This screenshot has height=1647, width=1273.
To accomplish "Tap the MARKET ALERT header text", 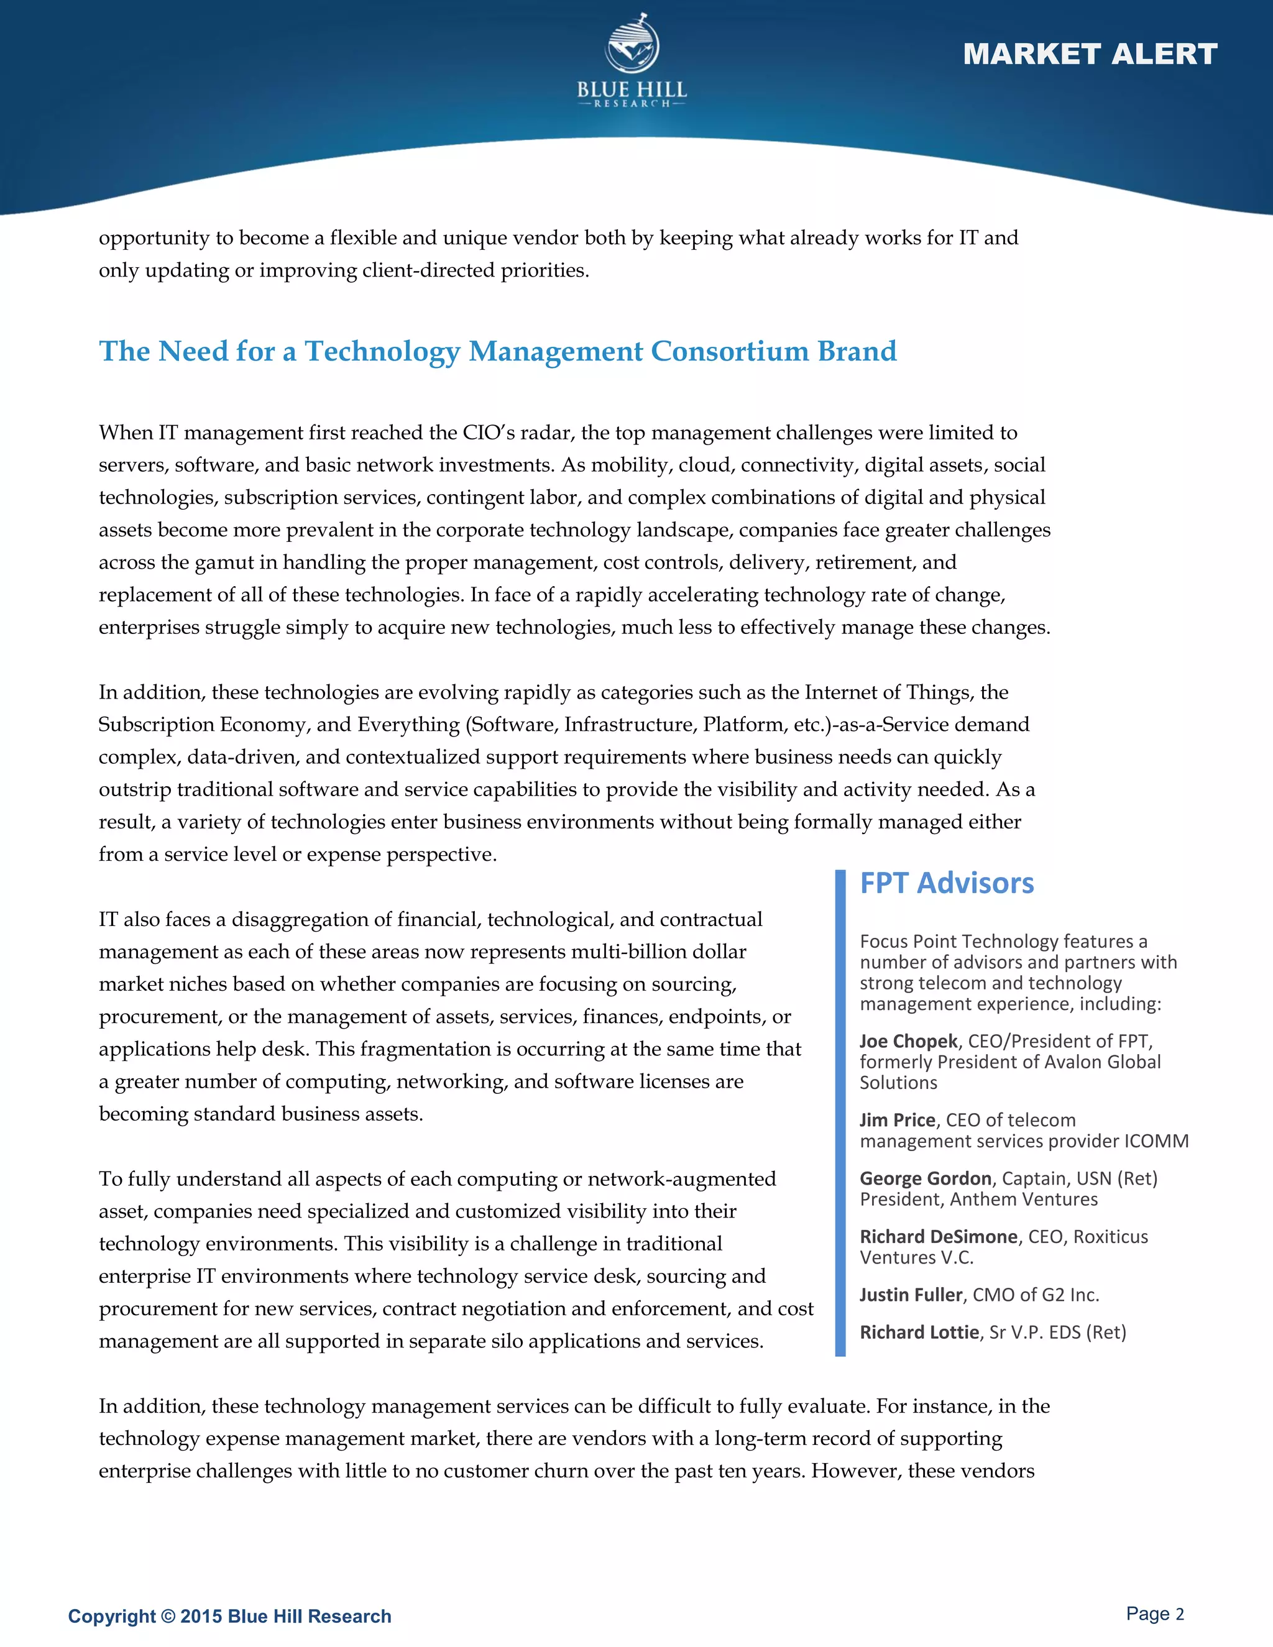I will (x=1090, y=54).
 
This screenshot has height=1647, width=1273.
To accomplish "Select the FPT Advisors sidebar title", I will (x=947, y=883).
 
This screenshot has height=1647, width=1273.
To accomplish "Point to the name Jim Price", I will (x=897, y=1121).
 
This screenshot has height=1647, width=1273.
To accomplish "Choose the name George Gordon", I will (x=926, y=1178).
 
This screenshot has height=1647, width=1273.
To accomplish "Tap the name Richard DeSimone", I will (x=938, y=1237).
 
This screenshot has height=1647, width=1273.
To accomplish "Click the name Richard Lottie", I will (x=919, y=1333).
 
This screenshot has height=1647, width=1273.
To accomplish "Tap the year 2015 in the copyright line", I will (x=201, y=1616).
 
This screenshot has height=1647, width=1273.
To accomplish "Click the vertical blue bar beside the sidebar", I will (x=840, y=1113).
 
